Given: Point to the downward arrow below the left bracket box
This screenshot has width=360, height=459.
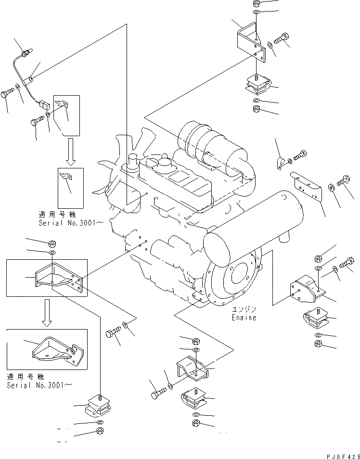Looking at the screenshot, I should tap(47, 312).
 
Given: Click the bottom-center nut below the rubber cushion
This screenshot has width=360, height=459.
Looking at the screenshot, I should tap(196, 423).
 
